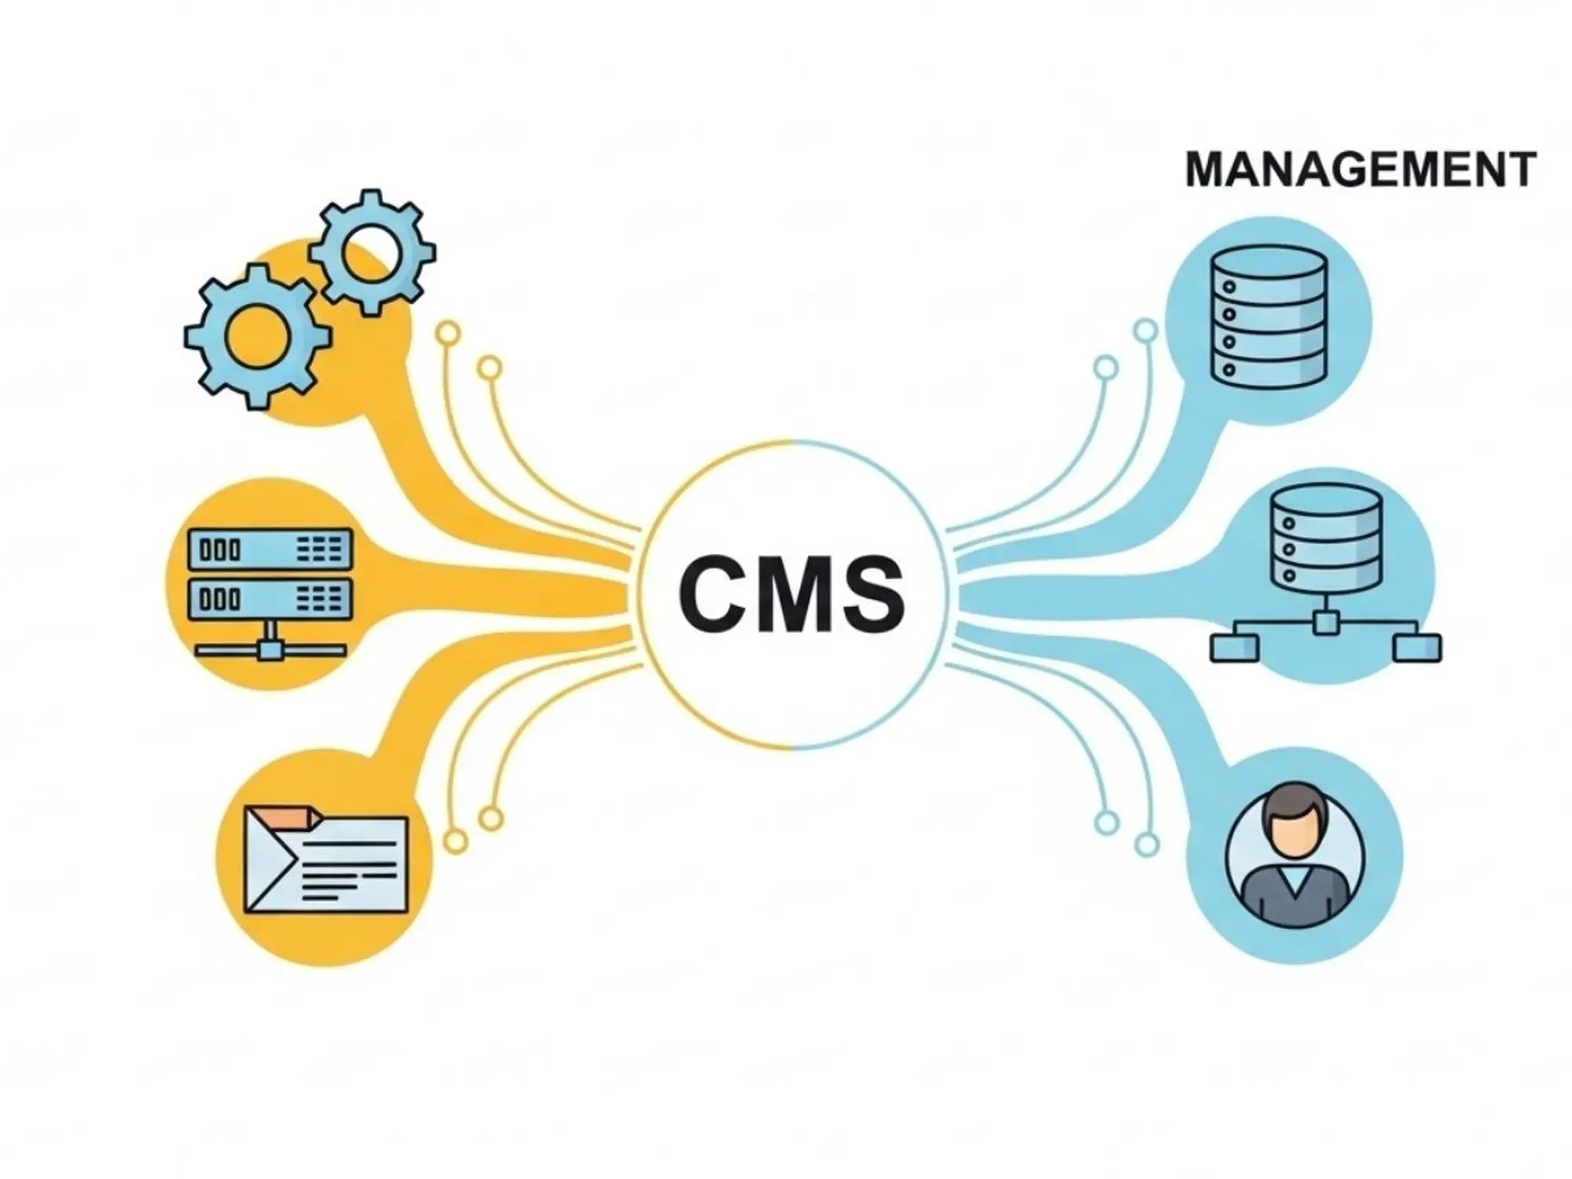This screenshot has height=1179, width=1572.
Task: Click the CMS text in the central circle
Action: (792, 594)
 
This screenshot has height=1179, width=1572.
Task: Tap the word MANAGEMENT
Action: (1360, 170)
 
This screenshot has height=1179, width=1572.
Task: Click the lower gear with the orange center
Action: (257, 336)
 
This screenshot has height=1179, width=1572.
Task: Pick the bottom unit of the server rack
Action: (270, 600)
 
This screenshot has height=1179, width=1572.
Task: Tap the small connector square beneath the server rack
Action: (270, 650)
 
